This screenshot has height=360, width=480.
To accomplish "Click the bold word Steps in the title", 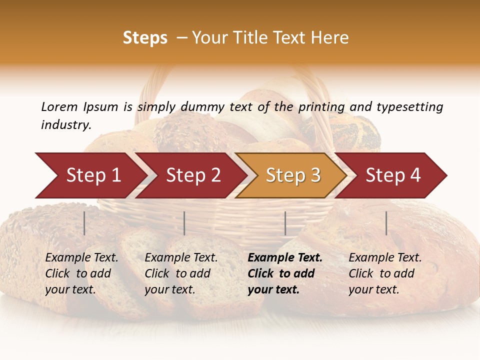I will [145, 38].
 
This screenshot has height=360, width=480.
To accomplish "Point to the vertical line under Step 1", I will [84, 223].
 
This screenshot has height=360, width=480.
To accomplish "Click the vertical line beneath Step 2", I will [184, 223].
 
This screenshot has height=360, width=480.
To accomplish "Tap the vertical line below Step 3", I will [285, 223].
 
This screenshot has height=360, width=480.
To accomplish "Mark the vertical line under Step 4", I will [386, 223].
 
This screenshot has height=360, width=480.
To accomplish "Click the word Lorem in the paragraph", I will [59, 107].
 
